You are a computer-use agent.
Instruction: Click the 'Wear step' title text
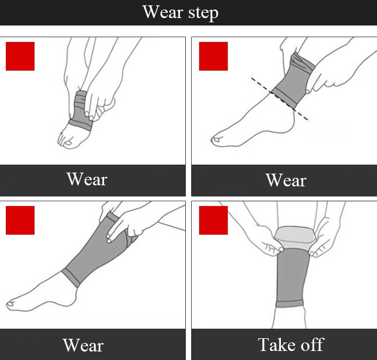[181, 13]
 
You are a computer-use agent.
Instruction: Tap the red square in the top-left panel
[20, 56]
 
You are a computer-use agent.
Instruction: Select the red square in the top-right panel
[213, 56]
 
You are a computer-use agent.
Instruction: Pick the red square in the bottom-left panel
[20, 220]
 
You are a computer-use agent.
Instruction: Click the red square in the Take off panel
[213, 220]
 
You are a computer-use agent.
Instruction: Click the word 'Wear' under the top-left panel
[87, 179]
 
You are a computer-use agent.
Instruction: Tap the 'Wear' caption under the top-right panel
[286, 180]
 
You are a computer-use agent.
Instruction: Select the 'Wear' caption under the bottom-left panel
[83, 345]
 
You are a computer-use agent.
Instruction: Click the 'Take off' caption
[291, 345]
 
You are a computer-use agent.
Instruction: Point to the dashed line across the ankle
[280, 99]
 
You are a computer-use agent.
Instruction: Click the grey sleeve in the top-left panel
[81, 111]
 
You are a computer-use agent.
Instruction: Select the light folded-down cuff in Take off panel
[295, 237]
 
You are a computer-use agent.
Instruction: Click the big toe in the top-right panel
[217, 140]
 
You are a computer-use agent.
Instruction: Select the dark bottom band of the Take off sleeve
[289, 304]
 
